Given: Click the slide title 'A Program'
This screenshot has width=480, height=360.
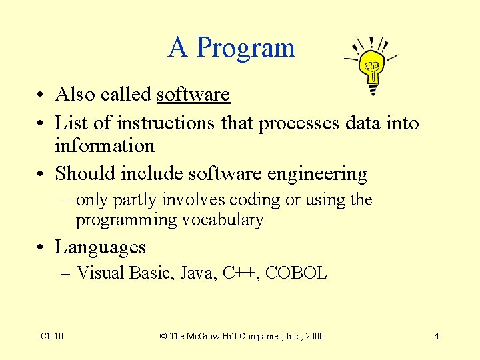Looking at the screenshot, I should click(231, 48).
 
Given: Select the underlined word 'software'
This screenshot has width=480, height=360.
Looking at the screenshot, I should click(193, 95).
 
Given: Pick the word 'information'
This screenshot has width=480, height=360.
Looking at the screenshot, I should click(104, 146).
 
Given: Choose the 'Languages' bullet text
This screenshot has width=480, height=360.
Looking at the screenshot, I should click(100, 247).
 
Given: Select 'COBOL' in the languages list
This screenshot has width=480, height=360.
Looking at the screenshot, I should click(296, 273).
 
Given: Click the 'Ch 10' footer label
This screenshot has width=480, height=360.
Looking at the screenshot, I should click(52, 336).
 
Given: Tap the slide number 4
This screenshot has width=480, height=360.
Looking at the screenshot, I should click(436, 336).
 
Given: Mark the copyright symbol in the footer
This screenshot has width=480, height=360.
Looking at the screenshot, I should click(163, 336).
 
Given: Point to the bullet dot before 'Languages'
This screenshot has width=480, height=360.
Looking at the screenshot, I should click(41, 248).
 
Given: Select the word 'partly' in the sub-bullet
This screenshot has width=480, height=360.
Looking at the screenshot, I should click(136, 200).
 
